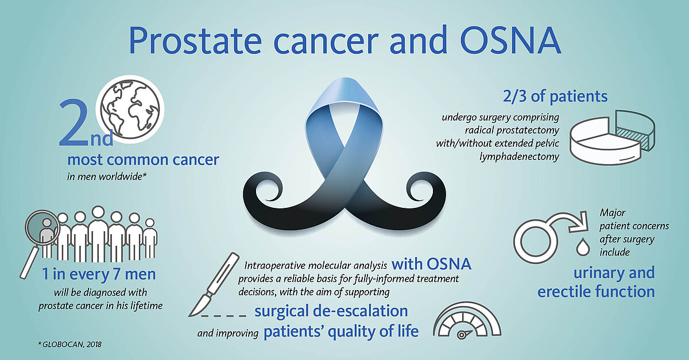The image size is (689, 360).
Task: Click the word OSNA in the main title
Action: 510,41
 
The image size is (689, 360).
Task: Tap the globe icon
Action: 130,109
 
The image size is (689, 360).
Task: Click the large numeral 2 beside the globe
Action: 74,123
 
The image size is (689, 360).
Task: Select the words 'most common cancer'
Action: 143,160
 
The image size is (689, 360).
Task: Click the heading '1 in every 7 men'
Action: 99,274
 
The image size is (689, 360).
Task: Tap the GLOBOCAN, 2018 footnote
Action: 70,344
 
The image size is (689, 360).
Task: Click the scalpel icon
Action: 214,285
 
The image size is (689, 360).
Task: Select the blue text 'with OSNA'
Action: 431,264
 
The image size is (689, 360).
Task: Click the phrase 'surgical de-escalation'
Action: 331,311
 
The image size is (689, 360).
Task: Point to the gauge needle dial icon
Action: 467,320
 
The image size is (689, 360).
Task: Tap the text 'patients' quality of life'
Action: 341,332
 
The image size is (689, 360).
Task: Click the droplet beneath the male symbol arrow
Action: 583,247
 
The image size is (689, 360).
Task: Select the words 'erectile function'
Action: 596,291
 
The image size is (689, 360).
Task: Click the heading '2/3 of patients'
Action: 555,96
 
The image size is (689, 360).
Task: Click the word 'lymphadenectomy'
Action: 519,157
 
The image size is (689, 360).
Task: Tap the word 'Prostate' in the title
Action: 196,41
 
